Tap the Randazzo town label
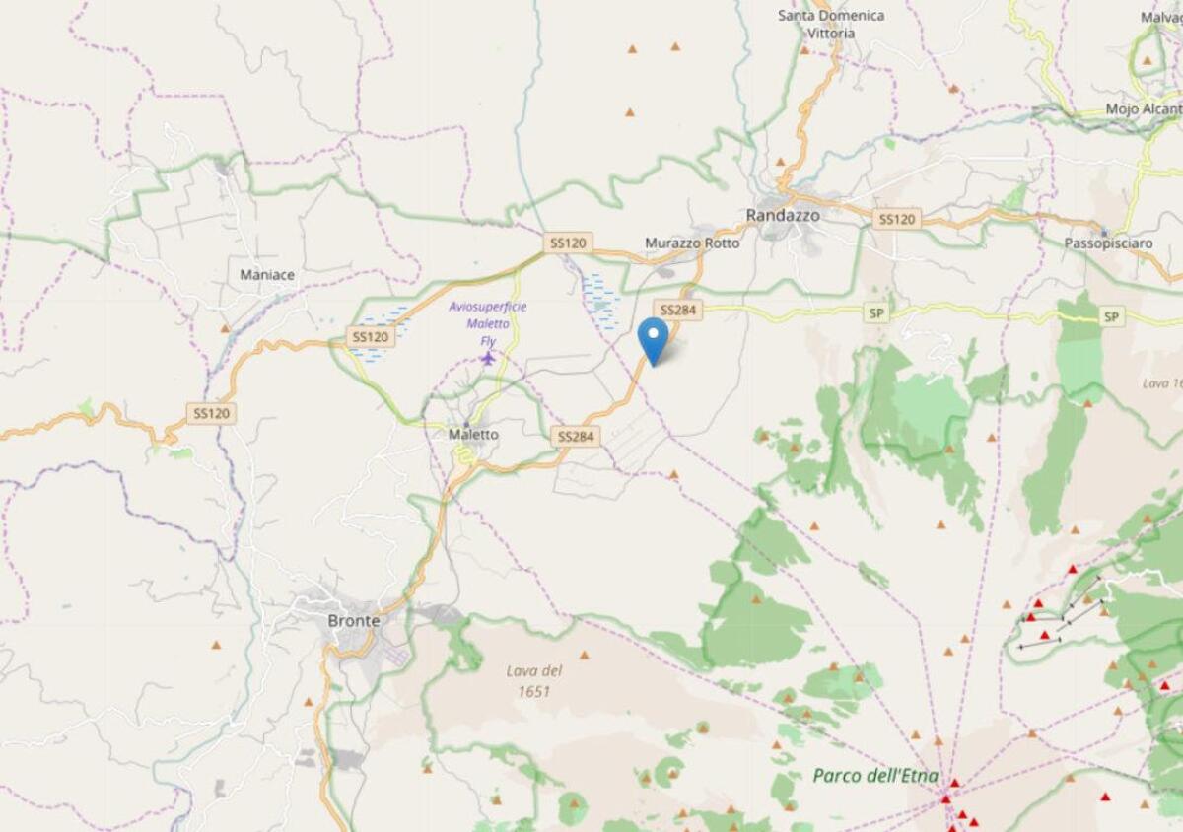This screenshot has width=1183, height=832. (x=782, y=214)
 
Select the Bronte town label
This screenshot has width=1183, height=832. (x=353, y=621)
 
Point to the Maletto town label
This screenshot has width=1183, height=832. (x=473, y=434)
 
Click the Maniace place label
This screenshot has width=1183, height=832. (x=267, y=275)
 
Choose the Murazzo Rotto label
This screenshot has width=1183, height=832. (x=691, y=243)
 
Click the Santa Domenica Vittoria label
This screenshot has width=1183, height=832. (x=831, y=24)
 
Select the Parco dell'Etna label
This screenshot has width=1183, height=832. (x=875, y=775)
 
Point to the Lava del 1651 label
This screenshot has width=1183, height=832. (x=534, y=680)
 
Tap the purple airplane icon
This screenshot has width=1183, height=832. (x=487, y=357)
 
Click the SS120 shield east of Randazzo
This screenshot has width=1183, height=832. (x=896, y=219)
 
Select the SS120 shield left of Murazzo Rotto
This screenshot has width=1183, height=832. (x=567, y=242)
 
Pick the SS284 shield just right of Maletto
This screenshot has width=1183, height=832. (x=576, y=436)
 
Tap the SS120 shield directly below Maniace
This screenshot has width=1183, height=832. (x=370, y=337)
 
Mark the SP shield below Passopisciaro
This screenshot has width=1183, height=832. (x=1112, y=316)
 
